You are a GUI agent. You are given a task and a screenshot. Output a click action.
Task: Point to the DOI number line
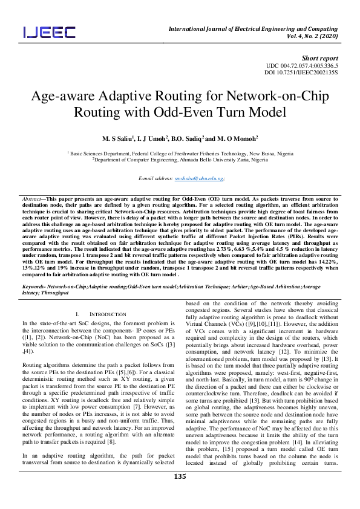(306, 72)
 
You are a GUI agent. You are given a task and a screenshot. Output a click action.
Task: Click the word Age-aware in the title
(59, 97)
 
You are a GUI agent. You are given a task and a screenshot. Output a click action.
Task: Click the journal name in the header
(252, 28)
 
